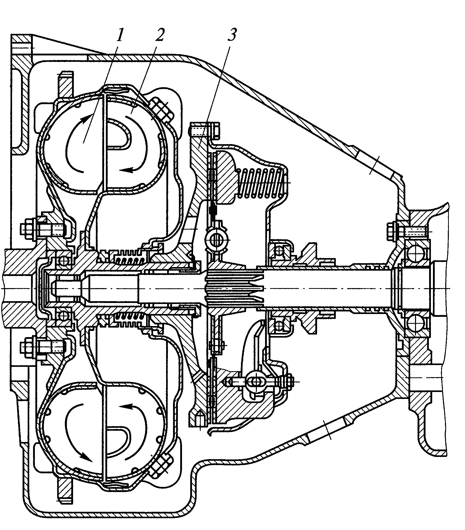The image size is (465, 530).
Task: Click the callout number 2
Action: (x=159, y=35)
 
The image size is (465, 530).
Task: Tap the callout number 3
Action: (x=232, y=35)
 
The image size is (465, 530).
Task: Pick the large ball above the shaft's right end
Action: (x=415, y=251)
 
